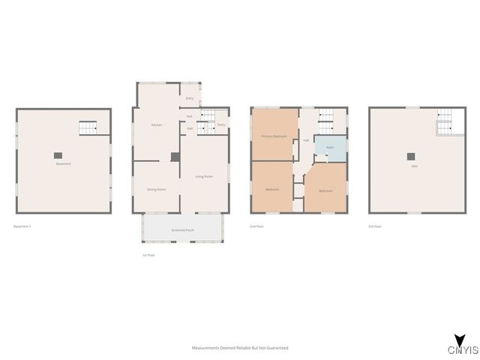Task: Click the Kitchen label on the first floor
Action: point(157,124)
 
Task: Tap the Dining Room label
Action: point(157,189)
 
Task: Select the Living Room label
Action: point(204,176)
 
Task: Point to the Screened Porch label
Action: point(183,229)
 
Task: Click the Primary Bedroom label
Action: point(274,136)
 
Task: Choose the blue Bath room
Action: point(330,147)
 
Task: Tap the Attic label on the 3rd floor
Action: point(414,166)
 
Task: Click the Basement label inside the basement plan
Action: point(63,163)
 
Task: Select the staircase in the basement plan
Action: point(89,128)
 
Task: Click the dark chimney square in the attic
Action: point(410,156)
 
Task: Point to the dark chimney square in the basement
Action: point(58,155)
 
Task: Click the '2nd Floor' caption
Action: point(256,226)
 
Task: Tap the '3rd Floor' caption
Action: point(375,226)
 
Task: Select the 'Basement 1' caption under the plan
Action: point(22,226)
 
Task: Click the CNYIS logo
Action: point(458,346)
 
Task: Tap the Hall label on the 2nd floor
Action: point(306,140)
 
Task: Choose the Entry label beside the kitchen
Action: point(190,98)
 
